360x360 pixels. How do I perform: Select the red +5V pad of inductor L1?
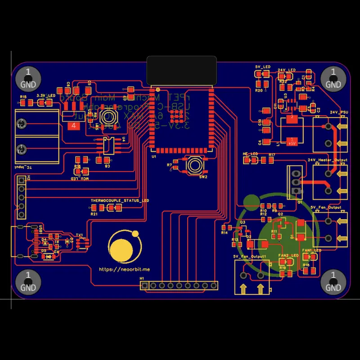point(292,142)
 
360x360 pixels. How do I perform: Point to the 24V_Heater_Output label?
point(327,160)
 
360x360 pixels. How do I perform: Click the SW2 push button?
point(195,165)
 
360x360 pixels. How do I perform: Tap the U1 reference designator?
point(154,157)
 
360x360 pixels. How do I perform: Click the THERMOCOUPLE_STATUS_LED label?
point(119,200)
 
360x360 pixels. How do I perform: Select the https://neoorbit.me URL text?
point(124,269)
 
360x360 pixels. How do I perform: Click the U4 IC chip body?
point(108,145)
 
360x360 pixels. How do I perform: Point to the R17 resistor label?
point(271,155)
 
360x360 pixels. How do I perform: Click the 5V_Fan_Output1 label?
point(250,256)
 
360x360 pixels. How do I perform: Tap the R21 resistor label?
point(94,214)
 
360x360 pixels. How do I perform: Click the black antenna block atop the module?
point(181,70)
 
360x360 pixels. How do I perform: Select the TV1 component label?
point(79,235)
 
